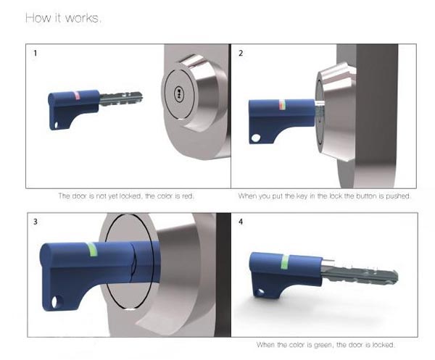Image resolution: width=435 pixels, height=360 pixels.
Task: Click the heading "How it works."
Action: (x=63, y=18)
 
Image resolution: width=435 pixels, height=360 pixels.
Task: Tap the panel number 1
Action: (x=36, y=53)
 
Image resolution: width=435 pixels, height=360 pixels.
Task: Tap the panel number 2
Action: (x=241, y=53)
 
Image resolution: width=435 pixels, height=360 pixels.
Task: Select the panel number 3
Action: (x=36, y=222)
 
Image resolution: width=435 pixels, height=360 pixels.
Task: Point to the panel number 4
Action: (x=241, y=222)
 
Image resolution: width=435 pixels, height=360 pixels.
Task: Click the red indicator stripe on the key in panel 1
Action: (x=78, y=95)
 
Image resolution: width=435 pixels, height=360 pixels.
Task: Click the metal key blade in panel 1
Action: (x=120, y=99)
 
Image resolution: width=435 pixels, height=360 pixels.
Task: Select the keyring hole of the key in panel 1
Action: (x=57, y=125)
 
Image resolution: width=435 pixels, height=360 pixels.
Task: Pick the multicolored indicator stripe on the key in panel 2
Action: (x=282, y=105)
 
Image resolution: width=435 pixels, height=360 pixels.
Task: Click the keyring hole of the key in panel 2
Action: (x=255, y=138)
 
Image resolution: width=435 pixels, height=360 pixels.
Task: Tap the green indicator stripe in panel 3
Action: (x=92, y=249)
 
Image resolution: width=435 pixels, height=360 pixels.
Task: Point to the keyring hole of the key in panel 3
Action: (x=56, y=302)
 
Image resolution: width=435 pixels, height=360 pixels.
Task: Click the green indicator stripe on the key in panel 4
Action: (x=285, y=262)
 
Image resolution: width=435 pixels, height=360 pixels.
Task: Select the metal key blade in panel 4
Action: (x=360, y=274)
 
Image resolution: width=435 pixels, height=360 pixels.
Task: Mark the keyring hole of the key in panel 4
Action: (x=261, y=292)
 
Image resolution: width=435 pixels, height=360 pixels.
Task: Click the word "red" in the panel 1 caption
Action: (x=187, y=196)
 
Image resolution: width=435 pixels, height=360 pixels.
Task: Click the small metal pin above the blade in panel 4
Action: (x=328, y=260)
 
